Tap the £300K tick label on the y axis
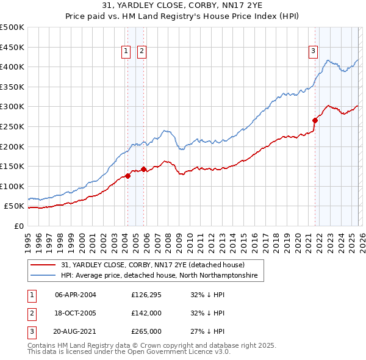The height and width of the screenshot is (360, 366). pos(12,107)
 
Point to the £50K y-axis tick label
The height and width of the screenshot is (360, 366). pos(15,207)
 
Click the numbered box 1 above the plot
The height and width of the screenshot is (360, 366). pos(126,52)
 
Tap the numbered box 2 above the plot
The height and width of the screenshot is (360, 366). pos(142,52)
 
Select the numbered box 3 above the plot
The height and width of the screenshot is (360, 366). pos(313,52)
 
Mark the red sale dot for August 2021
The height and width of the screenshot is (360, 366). pos(315,120)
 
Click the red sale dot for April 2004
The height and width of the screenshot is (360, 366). pos(127,176)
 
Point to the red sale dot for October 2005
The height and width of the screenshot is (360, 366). pos(144,170)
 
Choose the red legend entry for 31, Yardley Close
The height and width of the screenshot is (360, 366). pos(152,265)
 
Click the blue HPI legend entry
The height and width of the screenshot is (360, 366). pos(159,276)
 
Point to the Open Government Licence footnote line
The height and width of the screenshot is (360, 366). pos(129,352)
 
